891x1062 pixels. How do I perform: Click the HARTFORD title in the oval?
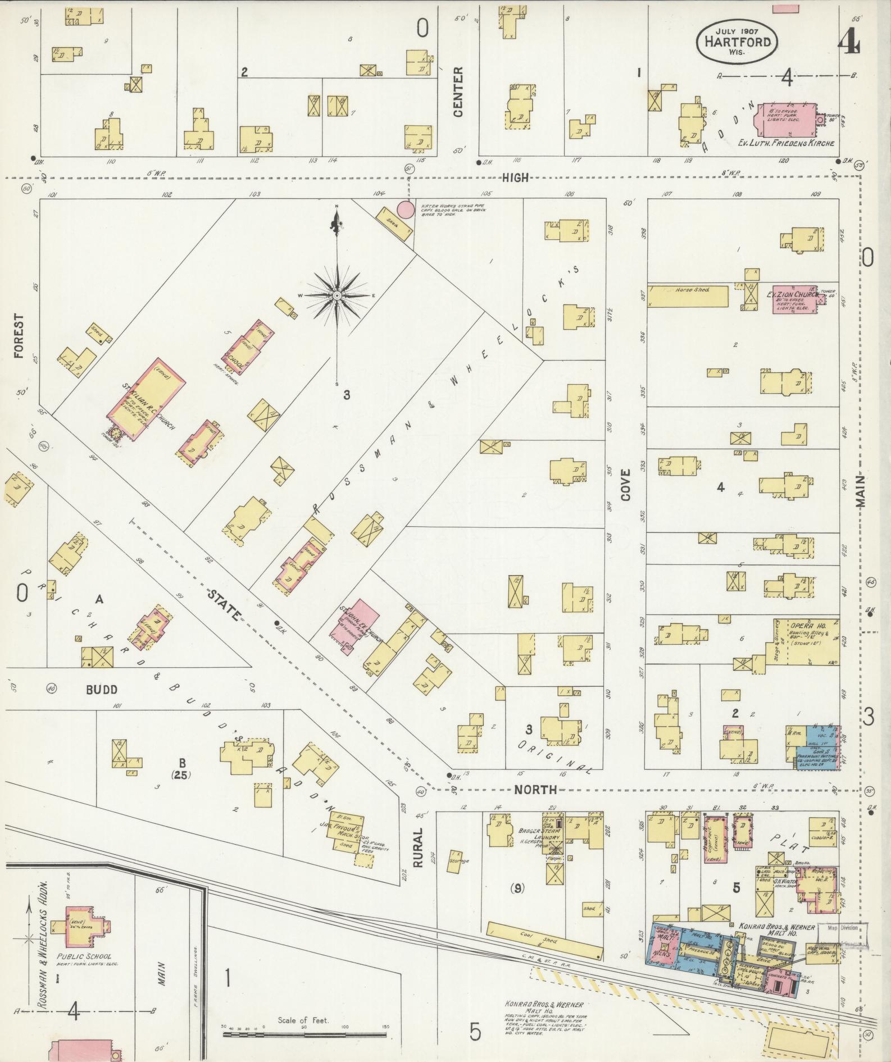tap(737, 40)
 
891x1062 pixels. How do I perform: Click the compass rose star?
tap(337, 295)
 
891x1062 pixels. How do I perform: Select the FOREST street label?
tap(20, 336)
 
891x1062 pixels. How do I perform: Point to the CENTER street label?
tap(458, 92)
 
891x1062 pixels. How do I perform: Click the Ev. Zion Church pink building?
tap(793, 302)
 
